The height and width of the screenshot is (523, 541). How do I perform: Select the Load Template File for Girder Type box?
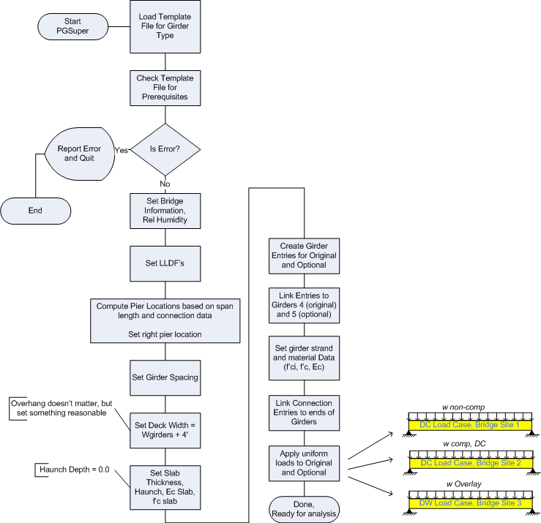pyautogui.click(x=165, y=26)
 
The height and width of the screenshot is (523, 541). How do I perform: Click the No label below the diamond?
pyautogui.click(x=165, y=183)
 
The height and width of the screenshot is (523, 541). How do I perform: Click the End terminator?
pyautogui.click(x=36, y=210)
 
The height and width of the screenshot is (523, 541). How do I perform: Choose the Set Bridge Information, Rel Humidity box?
pyautogui.click(x=165, y=210)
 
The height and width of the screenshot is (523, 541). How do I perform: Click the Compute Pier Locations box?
pyautogui.click(x=165, y=320)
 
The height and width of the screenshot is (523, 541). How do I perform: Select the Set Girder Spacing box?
pyautogui.click(x=165, y=378)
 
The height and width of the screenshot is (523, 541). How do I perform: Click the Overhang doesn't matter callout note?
pyautogui.click(x=61, y=407)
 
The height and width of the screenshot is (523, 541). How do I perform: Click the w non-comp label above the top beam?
pyautogui.click(x=469, y=407)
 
